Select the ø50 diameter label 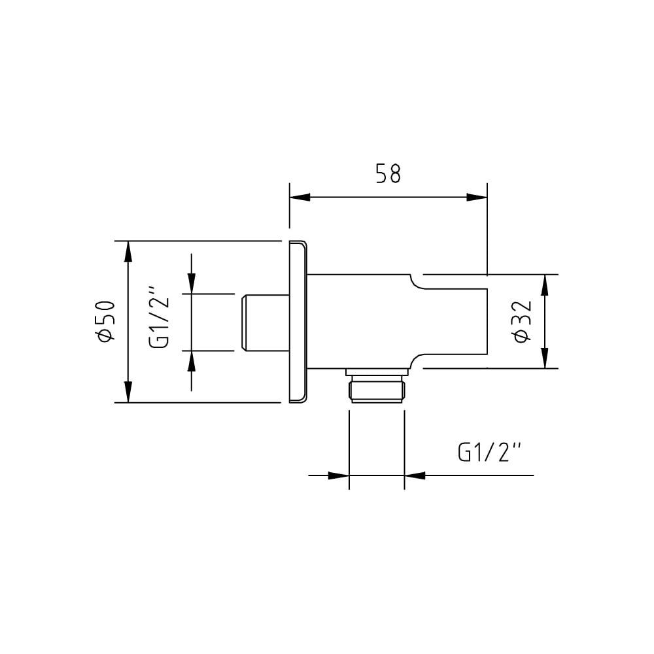pos(105,321)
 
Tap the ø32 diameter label pos(523,321)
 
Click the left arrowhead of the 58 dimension pos(300,198)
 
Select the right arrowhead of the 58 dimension pos(477,198)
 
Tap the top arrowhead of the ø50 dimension pos(128,252)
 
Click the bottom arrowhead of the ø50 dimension pos(128,392)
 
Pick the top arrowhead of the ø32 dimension pos(544,285)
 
